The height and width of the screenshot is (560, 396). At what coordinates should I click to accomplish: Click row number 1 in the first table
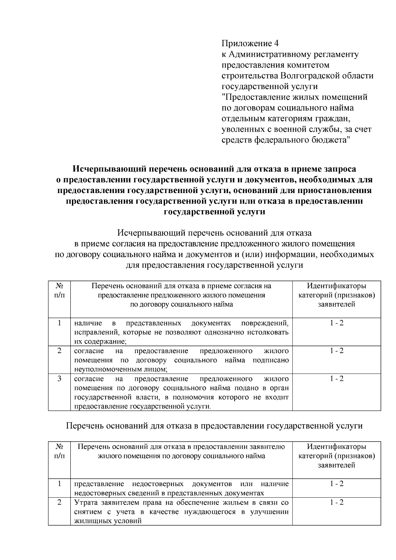coord(59,323)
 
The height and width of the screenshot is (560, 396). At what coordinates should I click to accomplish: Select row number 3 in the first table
coord(59,379)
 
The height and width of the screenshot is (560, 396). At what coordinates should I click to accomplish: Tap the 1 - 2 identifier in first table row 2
coord(337,351)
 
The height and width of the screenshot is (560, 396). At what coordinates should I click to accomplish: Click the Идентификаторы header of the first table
coord(337,286)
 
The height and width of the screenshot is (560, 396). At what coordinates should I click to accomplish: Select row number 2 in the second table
coord(59,503)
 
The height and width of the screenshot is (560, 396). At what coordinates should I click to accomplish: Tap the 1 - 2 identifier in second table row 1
coord(337,484)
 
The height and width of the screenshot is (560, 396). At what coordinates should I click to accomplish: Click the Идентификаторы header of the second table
coord(337,447)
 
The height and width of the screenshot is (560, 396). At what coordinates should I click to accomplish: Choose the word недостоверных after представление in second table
coord(158,484)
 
